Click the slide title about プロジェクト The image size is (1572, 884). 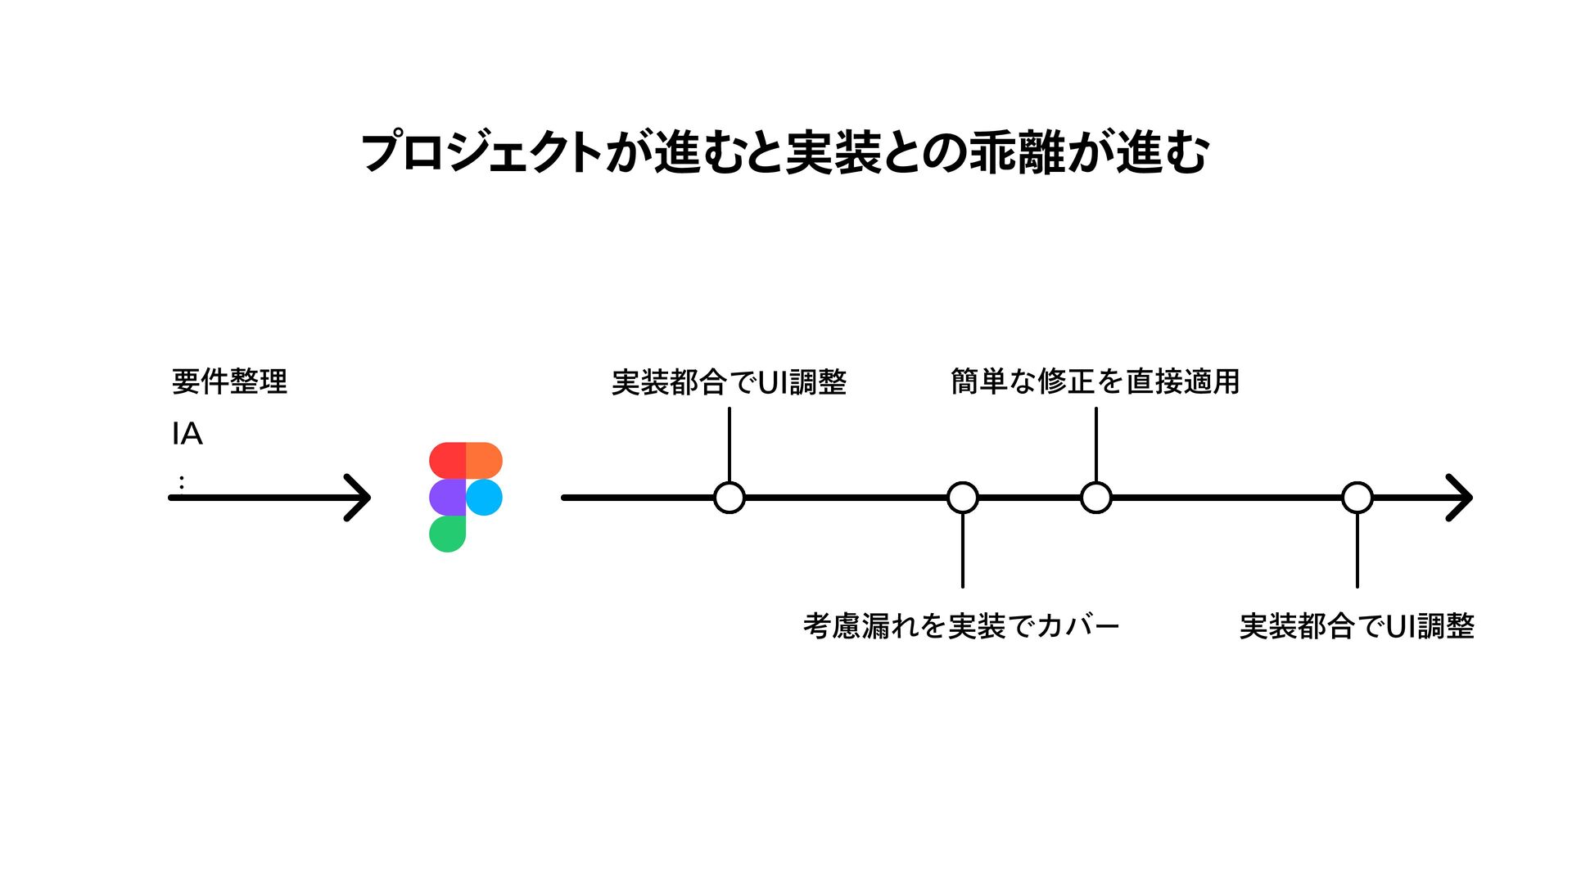tap(784, 153)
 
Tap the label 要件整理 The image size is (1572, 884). tap(229, 381)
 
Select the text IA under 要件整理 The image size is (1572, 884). tap(187, 434)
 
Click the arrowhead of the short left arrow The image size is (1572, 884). tap(360, 498)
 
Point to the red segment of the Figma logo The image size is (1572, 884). tap(447, 460)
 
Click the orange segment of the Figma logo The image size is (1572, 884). tap(484, 460)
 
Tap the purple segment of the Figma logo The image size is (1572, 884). tap(447, 497)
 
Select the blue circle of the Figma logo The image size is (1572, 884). tap(484, 497)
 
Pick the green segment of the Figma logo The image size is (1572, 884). tap(447, 534)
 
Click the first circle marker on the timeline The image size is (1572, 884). tap(729, 498)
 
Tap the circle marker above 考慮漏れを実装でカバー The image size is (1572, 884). tap(962, 498)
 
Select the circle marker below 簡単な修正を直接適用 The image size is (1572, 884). tap(1095, 498)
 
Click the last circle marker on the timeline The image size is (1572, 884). tap(1357, 498)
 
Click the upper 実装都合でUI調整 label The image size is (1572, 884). tap(729, 382)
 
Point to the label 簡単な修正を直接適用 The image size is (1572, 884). tap(1095, 381)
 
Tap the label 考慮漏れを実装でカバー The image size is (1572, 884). tap(961, 626)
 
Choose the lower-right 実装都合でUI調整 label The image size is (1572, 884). tap(1357, 626)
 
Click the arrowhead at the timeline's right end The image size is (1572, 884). tap(1462, 498)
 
